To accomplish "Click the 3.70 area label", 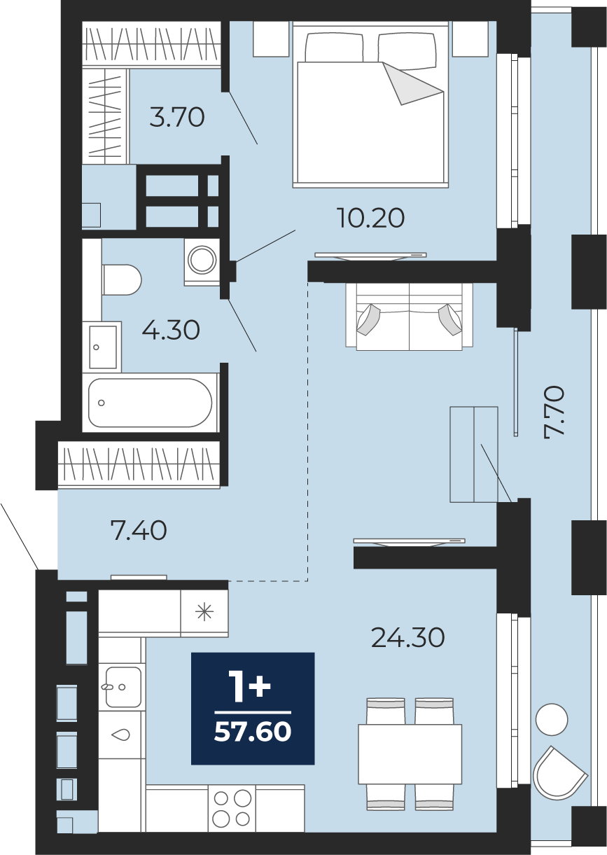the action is [177, 117].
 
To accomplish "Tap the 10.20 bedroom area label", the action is [371, 218].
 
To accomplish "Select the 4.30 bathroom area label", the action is [171, 331].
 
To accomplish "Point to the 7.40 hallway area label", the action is [139, 531].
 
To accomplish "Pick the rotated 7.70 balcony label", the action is [554, 413].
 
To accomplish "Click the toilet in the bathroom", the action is [122, 279].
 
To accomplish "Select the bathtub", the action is [150, 403].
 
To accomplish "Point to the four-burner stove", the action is [232, 807].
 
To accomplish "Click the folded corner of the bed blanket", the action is [413, 83].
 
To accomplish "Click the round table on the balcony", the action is [551, 719].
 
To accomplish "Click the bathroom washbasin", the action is [102, 347].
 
